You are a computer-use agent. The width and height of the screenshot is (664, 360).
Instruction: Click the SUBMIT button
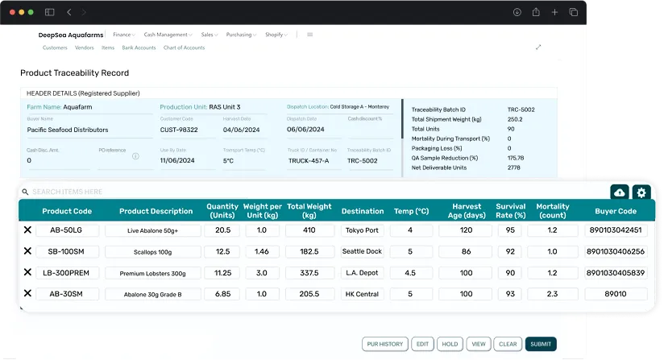click(x=541, y=344)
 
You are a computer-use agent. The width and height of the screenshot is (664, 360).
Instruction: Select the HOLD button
click(x=450, y=344)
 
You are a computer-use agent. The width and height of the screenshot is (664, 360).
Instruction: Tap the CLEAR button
click(x=508, y=344)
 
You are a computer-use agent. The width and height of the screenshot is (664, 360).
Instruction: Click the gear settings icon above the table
click(x=641, y=192)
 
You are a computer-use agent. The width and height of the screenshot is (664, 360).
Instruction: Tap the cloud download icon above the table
click(x=620, y=192)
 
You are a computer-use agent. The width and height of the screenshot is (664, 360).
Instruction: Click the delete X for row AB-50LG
click(x=27, y=230)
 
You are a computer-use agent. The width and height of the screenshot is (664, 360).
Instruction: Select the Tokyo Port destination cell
click(x=362, y=230)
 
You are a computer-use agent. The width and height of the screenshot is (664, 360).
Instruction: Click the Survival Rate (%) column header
click(x=511, y=211)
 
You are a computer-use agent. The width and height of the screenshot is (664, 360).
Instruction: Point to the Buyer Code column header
click(x=616, y=211)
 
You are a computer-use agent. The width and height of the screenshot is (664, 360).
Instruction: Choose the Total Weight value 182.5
click(x=309, y=251)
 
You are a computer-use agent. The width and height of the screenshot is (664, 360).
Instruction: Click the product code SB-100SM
click(x=67, y=251)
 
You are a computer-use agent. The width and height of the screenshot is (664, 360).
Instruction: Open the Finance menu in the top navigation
click(x=124, y=35)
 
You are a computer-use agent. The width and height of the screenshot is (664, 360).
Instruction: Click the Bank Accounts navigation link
click(x=139, y=48)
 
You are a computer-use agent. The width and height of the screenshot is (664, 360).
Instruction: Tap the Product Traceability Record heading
click(x=74, y=73)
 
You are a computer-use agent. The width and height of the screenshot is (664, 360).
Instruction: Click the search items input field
click(x=161, y=192)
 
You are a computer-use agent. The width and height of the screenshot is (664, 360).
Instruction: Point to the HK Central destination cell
click(x=362, y=294)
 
